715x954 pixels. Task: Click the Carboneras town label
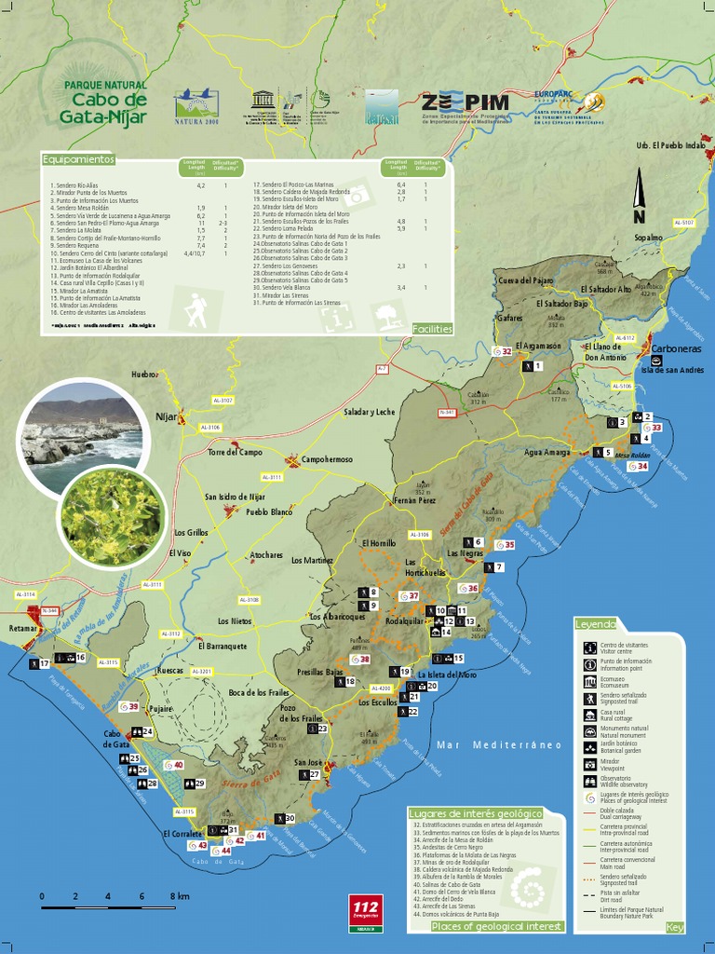pos(677,349)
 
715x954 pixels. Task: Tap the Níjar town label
pos(167,416)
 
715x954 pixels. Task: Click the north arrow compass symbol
pos(640,199)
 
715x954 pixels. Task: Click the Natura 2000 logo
pos(196,106)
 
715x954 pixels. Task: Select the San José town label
pos(307,763)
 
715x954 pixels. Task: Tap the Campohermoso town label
pos(326,459)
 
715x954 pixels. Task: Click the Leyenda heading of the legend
pos(595,623)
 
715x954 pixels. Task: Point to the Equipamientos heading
pos(78,159)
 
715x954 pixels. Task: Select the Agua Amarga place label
pos(547,452)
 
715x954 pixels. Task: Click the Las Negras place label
pos(465,553)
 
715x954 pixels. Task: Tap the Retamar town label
pos(21,629)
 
